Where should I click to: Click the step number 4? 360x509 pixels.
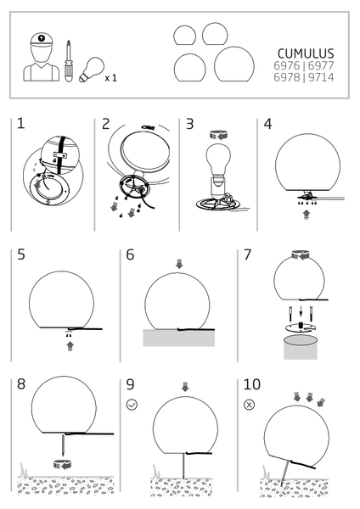[x=268, y=125]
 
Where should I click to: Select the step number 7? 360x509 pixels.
[x=247, y=255]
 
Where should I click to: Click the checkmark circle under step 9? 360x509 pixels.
[x=132, y=405]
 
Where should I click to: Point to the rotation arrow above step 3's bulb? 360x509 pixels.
[x=218, y=133]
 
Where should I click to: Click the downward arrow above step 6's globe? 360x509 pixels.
[x=177, y=265]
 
